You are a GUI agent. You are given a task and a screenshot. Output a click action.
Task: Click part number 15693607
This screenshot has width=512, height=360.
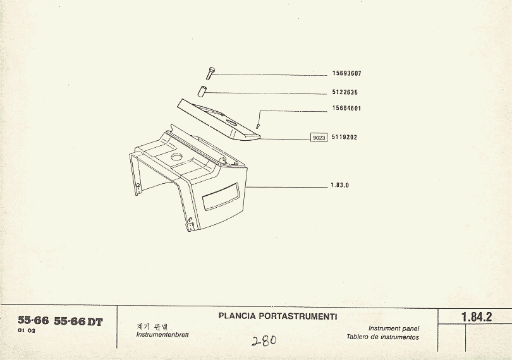click(x=347, y=73)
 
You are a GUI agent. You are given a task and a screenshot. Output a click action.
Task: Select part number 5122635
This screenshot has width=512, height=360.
click(x=345, y=92)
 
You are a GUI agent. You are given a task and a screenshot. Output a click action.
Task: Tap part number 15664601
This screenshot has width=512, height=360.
click(x=347, y=109)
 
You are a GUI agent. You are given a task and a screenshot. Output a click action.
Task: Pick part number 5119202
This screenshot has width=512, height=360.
click(x=344, y=138)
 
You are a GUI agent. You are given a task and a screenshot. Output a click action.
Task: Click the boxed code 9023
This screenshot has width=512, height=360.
click(x=319, y=138)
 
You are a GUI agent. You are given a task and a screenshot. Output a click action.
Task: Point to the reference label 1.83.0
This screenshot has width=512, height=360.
click(x=339, y=186)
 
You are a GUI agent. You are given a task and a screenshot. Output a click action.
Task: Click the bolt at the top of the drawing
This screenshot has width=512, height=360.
click(x=210, y=73)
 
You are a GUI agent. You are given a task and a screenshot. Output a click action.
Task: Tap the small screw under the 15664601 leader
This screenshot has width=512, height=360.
click(x=258, y=126)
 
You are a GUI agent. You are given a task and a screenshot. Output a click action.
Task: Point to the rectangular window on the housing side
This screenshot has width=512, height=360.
click(x=221, y=197)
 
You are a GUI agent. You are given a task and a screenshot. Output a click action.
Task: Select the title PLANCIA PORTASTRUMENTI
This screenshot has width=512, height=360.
click(x=277, y=316)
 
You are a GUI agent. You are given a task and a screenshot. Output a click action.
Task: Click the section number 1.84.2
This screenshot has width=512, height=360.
click(x=477, y=317)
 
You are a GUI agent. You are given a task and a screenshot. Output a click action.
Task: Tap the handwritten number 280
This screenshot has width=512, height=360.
click(x=264, y=341)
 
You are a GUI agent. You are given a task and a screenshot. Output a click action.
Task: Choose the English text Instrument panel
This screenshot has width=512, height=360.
click(x=393, y=328)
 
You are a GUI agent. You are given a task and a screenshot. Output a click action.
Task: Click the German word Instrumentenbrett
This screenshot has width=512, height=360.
click(x=162, y=335)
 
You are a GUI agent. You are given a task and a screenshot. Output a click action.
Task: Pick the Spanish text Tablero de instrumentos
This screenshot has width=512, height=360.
click(x=382, y=337)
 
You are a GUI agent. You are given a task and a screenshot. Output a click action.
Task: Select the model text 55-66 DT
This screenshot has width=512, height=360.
click(x=78, y=321)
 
